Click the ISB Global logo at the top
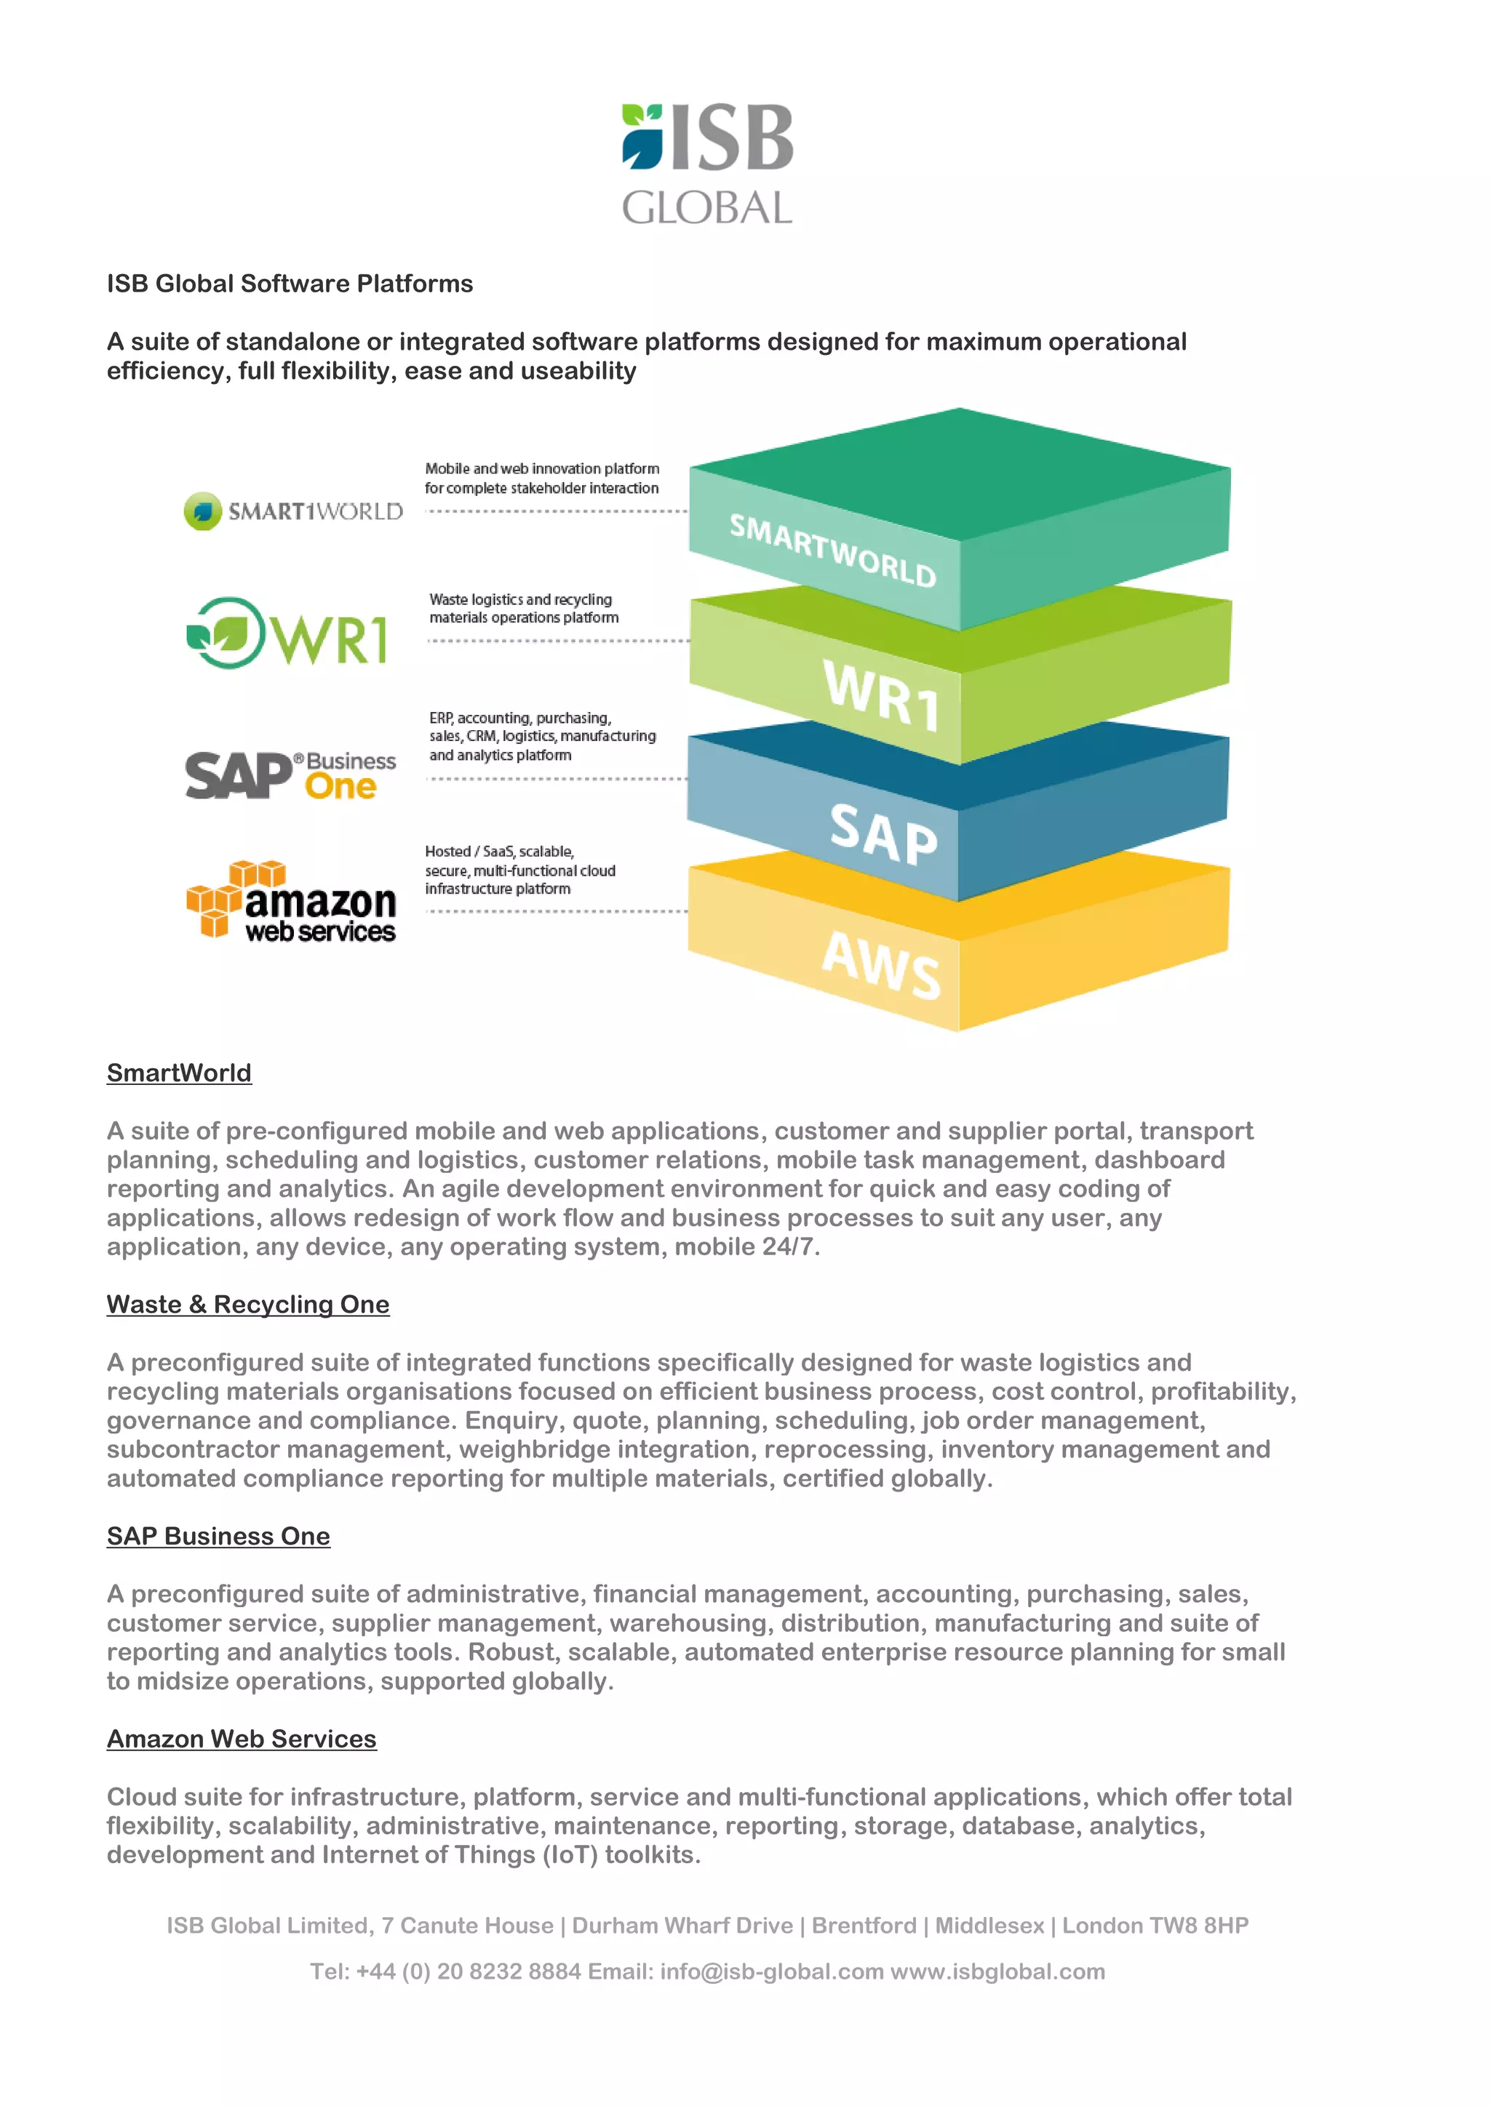pyautogui.click(x=707, y=164)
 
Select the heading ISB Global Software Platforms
pyautogui.click(x=290, y=284)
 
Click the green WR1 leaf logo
pyautogui.click(x=287, y=633)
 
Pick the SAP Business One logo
pyautogui.click(x=291, y=775)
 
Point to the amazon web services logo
pyautogui.click(x=292, y=902)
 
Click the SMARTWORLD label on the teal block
pyautogui.click(x=832, y=550)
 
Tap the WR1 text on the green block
pyautogui.click(x=882, y=695)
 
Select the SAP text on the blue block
pyautogui.click(x=883, y=835)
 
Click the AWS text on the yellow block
pyautogui.click(x=881, y=964)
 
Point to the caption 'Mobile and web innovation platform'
pyautogui.click(x=542, y=469)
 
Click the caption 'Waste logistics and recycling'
pyautogui.click(x=520, y=599)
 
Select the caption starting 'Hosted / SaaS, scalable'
pyautogui.click(x=500, y=852)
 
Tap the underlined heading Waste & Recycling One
pyautogui.click(x=247, y=1305)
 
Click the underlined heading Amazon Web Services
pyautogui.click(x=242, y=1738)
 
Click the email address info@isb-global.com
pyautogui.click(x=772, y=1971)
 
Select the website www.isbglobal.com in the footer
pyautogui.click(x=997, y=1971)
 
